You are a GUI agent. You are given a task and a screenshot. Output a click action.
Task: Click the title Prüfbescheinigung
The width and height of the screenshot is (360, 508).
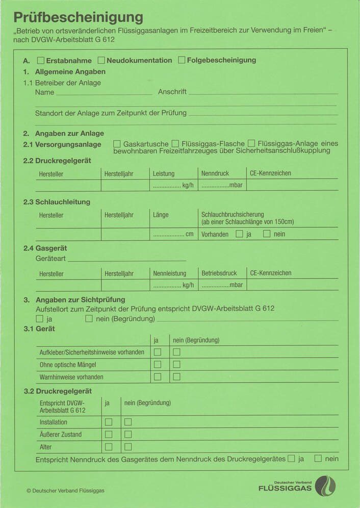78,17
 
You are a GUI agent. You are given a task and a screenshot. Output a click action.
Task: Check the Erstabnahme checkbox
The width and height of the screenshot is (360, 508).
41,60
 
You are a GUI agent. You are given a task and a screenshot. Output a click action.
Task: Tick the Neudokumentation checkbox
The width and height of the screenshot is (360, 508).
101,60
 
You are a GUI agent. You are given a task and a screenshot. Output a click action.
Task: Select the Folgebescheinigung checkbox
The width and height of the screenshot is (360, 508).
182,60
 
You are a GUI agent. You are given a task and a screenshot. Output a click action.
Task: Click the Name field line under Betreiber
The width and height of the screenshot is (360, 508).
104,93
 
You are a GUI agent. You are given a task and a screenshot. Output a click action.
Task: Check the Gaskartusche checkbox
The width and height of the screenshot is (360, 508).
117,144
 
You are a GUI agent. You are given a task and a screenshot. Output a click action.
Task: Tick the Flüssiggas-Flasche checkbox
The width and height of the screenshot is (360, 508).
175,144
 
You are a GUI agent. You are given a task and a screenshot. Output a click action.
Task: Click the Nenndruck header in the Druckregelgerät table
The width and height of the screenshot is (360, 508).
215,173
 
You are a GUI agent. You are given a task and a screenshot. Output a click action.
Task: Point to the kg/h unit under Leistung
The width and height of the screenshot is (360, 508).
188,185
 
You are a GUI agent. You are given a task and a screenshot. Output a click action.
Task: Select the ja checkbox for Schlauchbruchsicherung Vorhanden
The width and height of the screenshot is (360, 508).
239,234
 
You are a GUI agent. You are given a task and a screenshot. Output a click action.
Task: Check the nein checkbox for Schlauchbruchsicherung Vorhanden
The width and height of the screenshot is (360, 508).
267,234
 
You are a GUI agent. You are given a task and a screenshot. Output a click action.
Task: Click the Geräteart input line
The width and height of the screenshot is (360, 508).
126,259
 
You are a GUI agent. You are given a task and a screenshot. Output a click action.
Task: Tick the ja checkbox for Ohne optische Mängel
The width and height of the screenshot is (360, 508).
158,364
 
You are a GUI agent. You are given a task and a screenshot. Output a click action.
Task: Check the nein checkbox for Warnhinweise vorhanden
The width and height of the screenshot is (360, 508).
176,377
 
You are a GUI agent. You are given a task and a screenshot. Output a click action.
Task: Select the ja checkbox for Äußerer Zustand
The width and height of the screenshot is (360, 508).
109,435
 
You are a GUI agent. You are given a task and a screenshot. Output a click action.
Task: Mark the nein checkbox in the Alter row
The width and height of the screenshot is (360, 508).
128,447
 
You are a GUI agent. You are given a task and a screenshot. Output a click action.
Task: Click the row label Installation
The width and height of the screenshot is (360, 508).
54,422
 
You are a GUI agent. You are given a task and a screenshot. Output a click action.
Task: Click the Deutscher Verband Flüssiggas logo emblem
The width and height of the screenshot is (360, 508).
325,486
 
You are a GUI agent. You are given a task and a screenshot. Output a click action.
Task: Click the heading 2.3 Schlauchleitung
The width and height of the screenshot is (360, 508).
57,202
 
